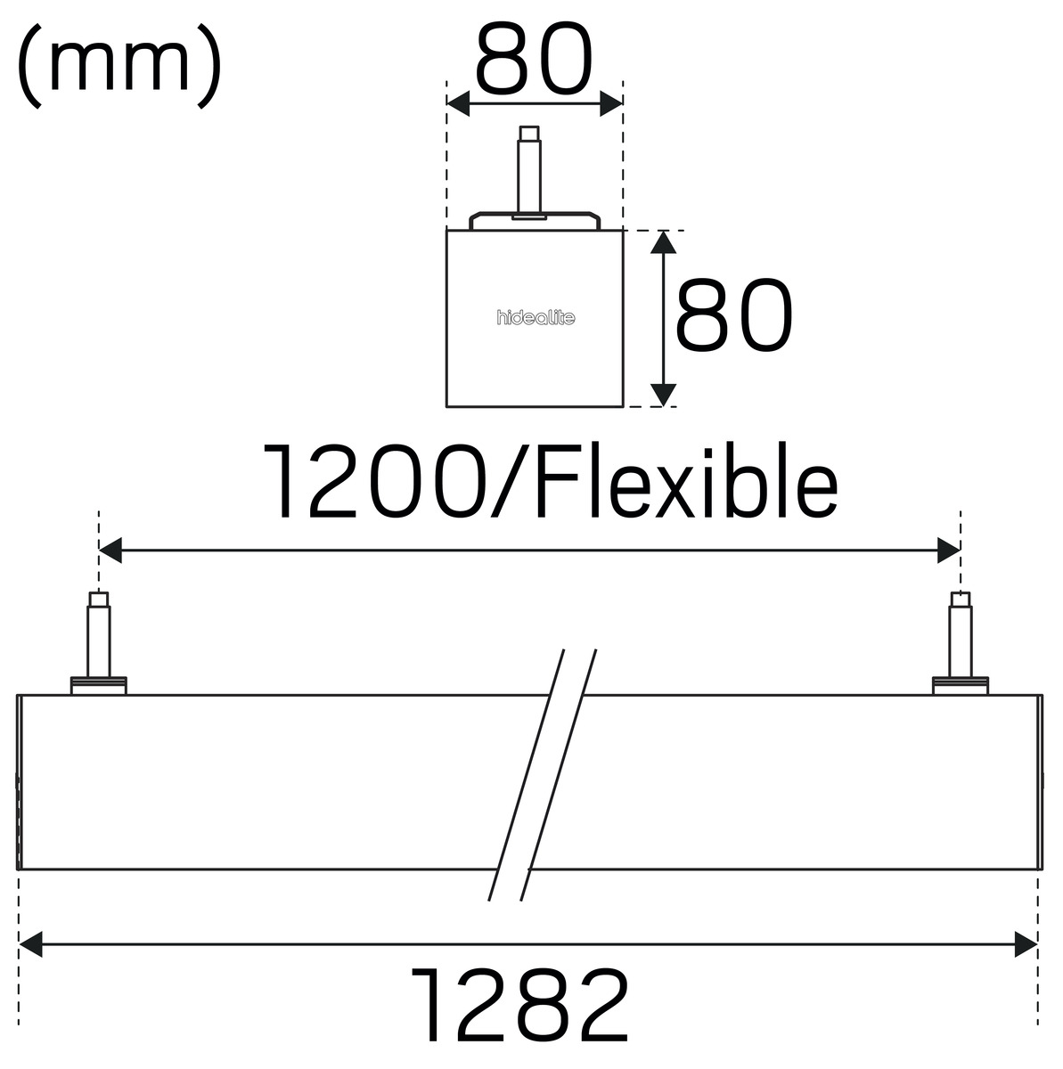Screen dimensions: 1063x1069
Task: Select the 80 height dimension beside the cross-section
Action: click(734, 314)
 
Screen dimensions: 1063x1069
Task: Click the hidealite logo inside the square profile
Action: click(536, 317)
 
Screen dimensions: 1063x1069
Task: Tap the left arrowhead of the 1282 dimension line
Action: click(30, 944)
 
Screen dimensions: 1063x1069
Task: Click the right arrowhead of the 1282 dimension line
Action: click(1026, 944)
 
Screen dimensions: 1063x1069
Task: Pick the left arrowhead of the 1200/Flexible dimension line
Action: click(110, 551)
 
